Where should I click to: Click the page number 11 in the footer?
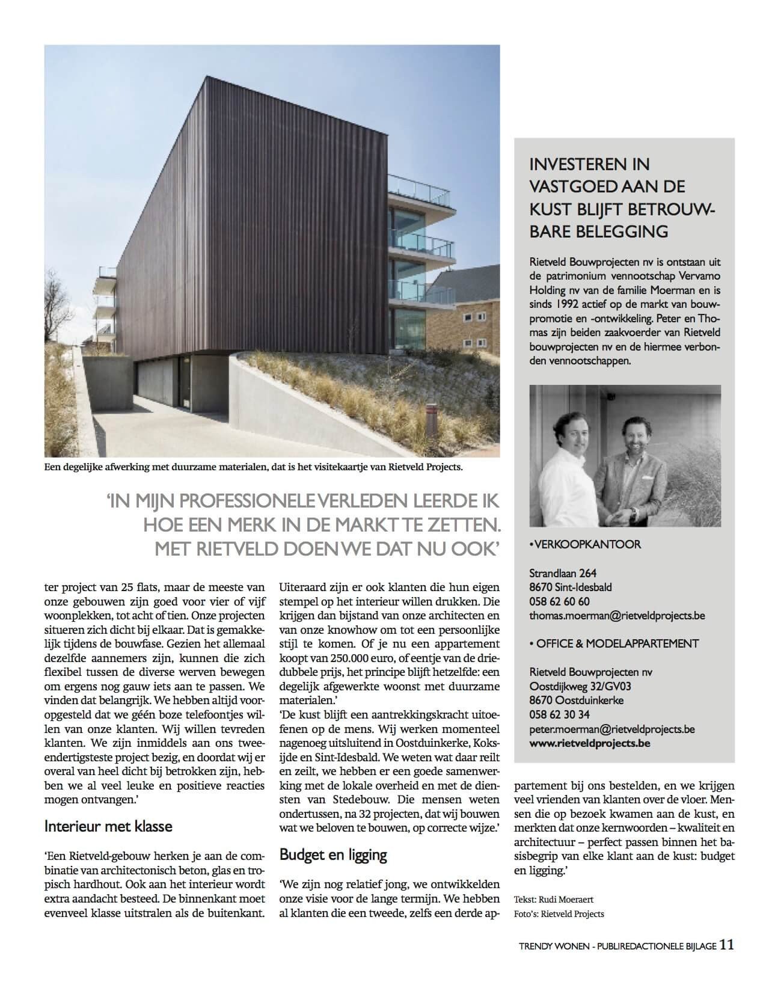coord(726,945)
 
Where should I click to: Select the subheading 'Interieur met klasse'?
coord(108,826)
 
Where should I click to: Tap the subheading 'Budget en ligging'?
coord(333,854)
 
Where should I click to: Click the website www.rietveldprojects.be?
coord(590,743)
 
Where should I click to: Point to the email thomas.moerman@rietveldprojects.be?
coord(617,616)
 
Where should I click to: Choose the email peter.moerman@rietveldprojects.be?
coord(612,729)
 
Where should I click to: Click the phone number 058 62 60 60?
coord(559,601)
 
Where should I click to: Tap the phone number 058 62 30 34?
coord(559,714)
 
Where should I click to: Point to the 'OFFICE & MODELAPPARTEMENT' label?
coord(616,643)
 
